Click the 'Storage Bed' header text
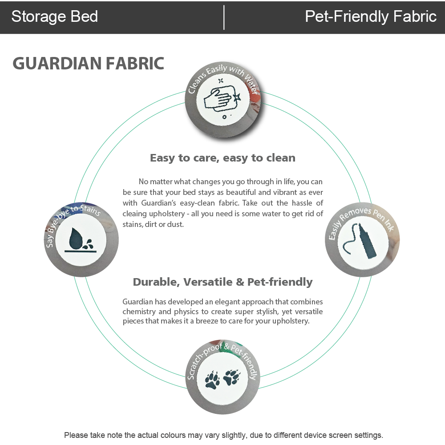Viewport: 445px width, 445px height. [x=54, y=17]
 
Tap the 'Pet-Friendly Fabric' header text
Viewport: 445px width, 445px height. [x=370, y=17]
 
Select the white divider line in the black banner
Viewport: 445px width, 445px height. [x=223, y=17]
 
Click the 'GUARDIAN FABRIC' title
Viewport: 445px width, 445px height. [x=89, y=63]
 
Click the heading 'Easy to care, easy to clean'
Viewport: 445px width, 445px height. [x=222, y=158]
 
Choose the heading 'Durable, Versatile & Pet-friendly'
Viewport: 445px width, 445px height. [x=222, y=282]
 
